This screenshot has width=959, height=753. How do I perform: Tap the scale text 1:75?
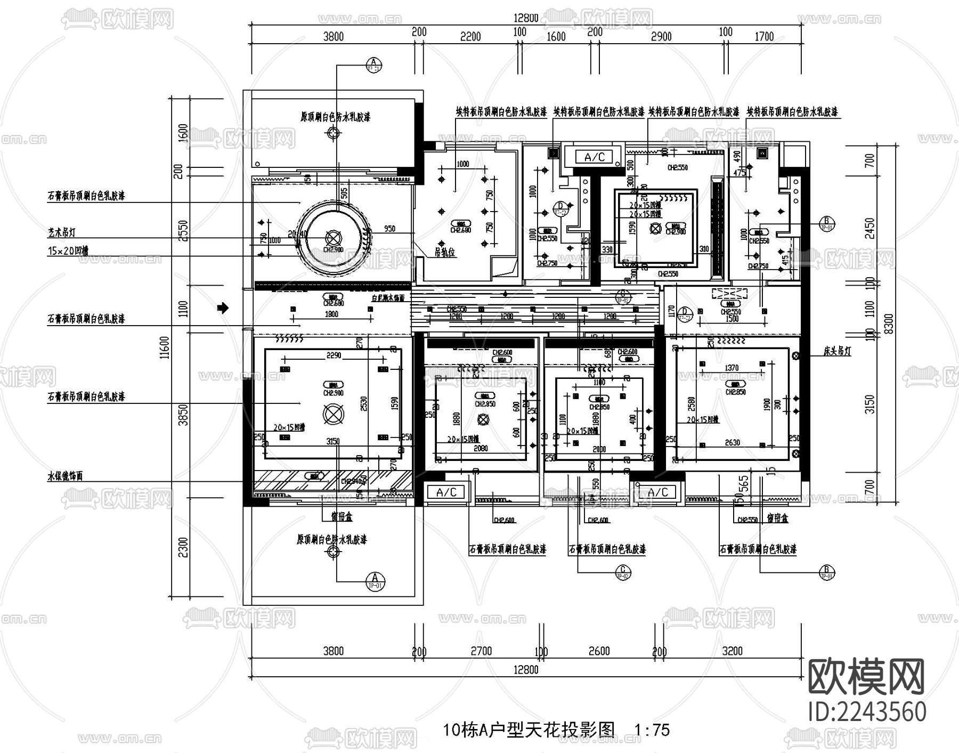(652, 730)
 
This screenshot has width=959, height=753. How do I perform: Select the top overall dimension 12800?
(526, 18)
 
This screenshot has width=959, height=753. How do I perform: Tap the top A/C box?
(595, 157)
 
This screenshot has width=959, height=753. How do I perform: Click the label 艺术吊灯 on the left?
(61, 233)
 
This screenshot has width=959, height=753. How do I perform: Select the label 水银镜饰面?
(65, 476)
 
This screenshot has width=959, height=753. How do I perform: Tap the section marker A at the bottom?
(375, 580)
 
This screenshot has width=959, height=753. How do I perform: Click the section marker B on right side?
(827, 223)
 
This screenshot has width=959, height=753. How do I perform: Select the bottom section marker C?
(622, 572)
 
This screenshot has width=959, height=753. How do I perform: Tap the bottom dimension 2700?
(481, 651)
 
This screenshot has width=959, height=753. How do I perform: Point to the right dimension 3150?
(869, 405)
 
